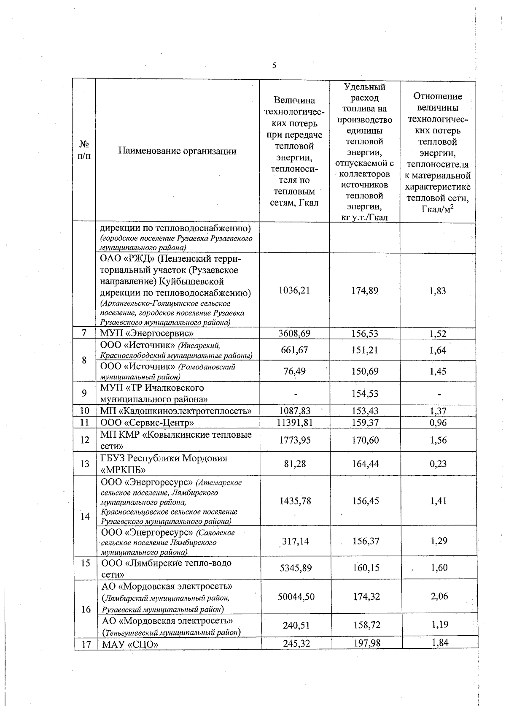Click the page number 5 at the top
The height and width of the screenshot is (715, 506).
point(275,65)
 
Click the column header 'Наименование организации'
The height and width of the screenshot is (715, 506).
point(177,151)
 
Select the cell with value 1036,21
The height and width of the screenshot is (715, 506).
point(294,290)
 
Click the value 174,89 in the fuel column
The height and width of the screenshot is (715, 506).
point(365,290)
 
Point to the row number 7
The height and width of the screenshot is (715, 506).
point(84,333)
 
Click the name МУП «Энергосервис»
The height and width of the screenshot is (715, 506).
point(147,333)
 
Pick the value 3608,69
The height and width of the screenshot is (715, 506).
point(294,333)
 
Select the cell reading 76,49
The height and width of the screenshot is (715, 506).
point(294,371)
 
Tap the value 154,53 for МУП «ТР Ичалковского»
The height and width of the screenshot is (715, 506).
point(365,393)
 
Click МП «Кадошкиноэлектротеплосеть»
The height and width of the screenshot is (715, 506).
point(176,411)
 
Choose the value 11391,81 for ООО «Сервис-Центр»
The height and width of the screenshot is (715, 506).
point(294,422)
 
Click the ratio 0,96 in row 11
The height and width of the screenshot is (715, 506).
point(438,422)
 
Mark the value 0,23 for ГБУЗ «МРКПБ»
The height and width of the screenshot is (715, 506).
point(438,464)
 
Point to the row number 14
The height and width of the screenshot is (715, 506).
point(85,516)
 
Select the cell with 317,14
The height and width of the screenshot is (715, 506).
point(295,541)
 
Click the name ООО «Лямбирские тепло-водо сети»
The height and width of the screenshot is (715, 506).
point(167,568)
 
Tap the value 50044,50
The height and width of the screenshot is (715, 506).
point(296,596)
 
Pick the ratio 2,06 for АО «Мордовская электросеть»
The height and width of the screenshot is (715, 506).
point(439,596)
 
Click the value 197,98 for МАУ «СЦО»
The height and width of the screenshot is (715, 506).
point(366,643)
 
